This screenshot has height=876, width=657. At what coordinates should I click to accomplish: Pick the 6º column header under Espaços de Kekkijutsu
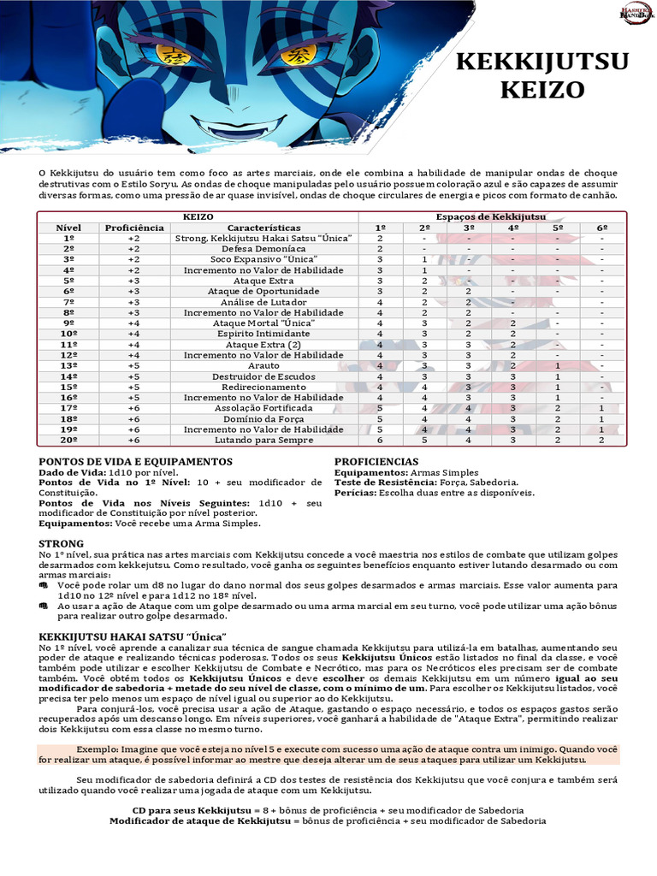point(601,228)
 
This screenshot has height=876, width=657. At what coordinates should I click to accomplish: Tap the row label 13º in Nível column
point(68,365)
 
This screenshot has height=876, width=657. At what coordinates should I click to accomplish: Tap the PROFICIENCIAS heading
point(376,461)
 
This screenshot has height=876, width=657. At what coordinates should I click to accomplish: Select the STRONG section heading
point(62,543)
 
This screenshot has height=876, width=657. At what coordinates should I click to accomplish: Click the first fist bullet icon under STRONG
point(44,585)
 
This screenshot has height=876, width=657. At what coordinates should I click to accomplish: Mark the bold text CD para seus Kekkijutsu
point(183,809)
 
